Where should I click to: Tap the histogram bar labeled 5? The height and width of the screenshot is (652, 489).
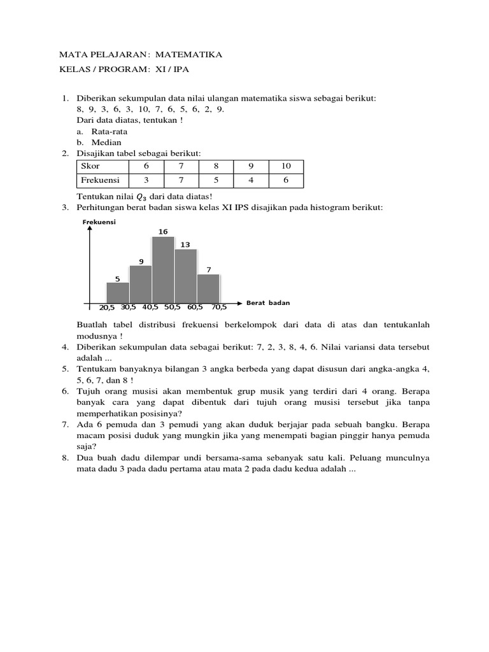pyautogui.click(x=117, y=293)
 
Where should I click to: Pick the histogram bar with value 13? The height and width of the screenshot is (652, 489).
pyautogui.click(x=185, y=276)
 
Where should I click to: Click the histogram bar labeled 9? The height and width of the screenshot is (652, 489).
pyautogui.click(x=140, y=284)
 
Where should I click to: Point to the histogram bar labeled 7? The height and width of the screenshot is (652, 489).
pyautogui.click(x=208, y=288)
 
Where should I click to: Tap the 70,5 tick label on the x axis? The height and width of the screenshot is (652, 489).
pyautogui.click(x=219, y=307)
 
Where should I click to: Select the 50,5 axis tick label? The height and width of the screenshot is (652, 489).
pyautogui.click(x=173, y=307)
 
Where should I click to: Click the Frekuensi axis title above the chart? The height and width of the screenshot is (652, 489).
pyautogui.click(x=97, y=222)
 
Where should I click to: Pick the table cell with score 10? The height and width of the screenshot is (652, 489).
pyautogui.click(x=285, y=166)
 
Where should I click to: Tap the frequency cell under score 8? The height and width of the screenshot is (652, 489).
pyautogui.click(x=216, y=180)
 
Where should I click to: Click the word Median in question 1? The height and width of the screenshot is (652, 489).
pyautogui.click(x=106, y=143)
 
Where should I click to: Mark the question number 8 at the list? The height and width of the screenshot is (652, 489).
pyautogui.click(x=65, y=458)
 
